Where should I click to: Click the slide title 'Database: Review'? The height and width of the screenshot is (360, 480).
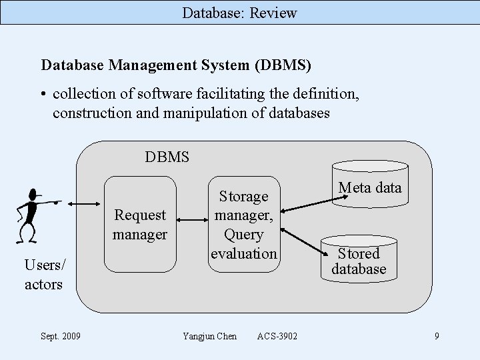tap(240, 13)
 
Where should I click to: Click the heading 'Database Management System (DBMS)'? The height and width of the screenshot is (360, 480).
tap(176, 65)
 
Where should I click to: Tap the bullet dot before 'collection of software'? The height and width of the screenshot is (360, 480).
tap(44, 95)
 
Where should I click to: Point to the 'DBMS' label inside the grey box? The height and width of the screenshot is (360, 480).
tap(167, 157)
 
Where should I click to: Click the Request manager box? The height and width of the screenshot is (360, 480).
tap(140, 224)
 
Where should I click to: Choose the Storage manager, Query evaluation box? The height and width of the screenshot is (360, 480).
tap(243, 224)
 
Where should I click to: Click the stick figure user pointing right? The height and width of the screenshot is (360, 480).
tap(33, 213)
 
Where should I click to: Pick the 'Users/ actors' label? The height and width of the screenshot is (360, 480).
tap(44, 275)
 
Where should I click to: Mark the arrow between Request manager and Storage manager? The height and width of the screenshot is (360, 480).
tap(192, 219)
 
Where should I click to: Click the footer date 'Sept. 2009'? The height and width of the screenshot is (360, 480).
tap(61, 336)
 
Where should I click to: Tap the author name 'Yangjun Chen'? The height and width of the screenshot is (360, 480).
tap(209, 336)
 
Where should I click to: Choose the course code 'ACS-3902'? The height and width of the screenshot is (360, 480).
tap(277, 336)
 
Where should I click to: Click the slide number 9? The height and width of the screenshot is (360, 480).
tap(437, 336)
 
